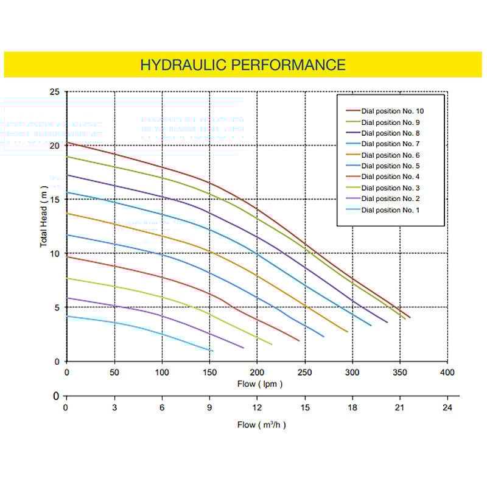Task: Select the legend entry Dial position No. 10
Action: click(x=392, y=111)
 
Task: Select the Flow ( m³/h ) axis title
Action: click(x=261, y=424)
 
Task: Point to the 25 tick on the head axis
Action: click(x=55, y=92)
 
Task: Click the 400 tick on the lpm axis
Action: click(x=447, y=372)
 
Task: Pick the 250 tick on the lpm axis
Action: click(x=305, y=372)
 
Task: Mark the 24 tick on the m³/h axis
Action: click(x=447, y=408)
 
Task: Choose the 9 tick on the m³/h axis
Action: click(x=209, y=408)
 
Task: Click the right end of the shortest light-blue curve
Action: click(x=213, y=351)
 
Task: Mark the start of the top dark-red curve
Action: click(x=67, y=142)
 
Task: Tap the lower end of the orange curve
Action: click(x=348, y=332)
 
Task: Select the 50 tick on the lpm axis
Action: click(x=114, y=372)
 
